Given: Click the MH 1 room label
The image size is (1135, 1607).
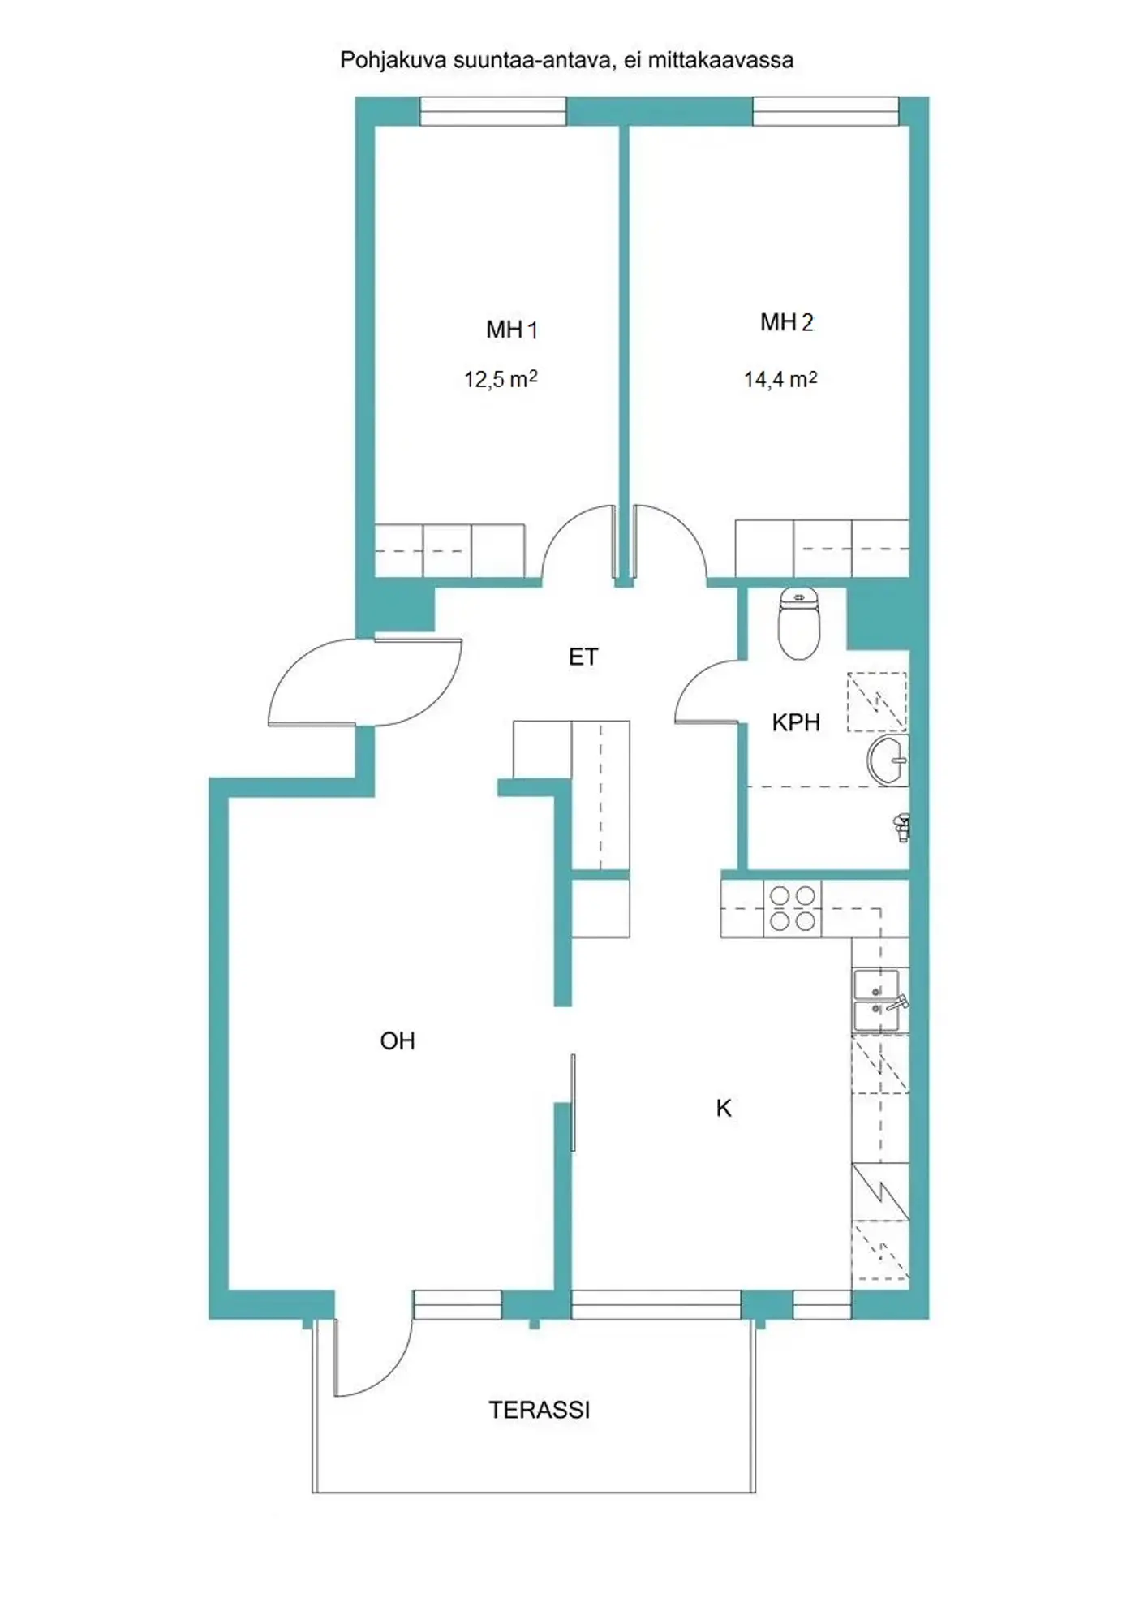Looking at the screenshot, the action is (511, 330).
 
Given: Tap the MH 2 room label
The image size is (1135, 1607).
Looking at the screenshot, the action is (786, 322).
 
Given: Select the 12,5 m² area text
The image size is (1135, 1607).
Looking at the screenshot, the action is (501, 379).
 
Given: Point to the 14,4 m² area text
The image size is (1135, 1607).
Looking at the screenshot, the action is (780, 379).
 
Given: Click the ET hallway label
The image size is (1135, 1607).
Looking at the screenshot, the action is (583, 657).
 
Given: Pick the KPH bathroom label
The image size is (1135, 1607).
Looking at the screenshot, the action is (796, 722).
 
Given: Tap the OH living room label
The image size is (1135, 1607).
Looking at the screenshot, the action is (398, 1040).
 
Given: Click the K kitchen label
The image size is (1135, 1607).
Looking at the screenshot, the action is (724, 1108).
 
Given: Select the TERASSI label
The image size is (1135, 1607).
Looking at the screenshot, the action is (540, 1410).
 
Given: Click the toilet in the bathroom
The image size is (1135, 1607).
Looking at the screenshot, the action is (800, 623).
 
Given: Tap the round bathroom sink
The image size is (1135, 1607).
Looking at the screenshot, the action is (888, 760).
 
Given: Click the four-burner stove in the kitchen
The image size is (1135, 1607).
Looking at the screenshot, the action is (793, 908).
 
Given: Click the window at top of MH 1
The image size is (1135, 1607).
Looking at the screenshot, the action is (492, 111).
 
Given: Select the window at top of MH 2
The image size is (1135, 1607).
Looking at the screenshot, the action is (826, 111).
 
